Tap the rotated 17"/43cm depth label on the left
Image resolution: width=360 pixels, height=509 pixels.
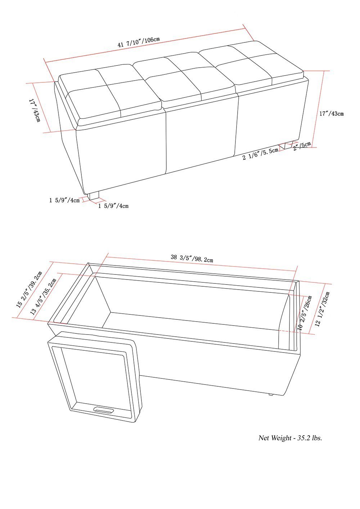[x=34, y=110]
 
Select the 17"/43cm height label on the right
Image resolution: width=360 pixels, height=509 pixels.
[x=332, y=114]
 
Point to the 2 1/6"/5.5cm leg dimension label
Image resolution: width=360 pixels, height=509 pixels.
[x=260, y=154]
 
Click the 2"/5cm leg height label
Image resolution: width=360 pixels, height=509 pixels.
[x=302, y=146]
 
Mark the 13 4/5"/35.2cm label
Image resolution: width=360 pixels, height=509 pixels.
[x=44, y=297]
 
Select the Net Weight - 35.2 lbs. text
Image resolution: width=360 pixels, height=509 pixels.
[x=290, y=438]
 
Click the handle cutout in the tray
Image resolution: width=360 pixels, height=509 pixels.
[x=103, y=410]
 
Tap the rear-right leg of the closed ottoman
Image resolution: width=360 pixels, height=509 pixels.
[x=288, y=145]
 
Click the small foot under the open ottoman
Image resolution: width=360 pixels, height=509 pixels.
[x=271, y=394]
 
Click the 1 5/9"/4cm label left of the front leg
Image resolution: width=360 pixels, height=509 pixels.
[x=64, y=200]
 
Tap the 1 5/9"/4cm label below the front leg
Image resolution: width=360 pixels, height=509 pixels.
[x=113, y=206]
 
